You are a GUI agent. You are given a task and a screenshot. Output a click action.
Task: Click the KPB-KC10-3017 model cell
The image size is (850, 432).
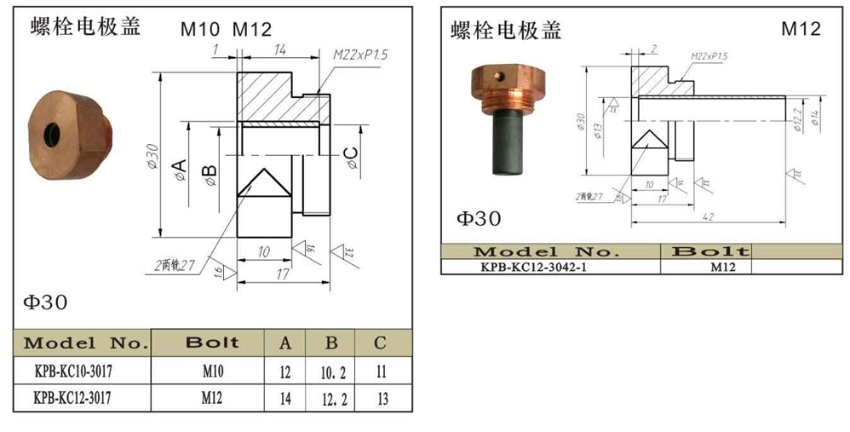82,372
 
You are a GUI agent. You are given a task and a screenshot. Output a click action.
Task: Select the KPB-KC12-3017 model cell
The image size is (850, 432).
82,397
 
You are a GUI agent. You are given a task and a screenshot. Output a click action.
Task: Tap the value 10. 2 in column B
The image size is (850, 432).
332,372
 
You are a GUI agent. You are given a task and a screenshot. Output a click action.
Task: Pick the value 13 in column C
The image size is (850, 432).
380,397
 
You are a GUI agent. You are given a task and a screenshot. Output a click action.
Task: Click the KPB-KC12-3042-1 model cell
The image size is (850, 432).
550,266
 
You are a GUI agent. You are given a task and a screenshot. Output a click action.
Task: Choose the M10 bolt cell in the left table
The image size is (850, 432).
213,372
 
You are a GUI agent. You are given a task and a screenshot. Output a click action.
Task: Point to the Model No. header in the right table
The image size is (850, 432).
550,251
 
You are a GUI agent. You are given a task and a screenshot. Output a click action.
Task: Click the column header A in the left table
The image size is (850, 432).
285,343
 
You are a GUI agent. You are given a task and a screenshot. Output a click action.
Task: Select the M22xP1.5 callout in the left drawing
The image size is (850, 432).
360,55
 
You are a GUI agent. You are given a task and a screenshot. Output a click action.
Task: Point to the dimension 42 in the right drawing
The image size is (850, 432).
707,217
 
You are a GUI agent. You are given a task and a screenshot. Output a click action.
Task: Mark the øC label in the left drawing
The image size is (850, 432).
351,158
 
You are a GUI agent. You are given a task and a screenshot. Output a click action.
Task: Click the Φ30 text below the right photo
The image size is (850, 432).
479,219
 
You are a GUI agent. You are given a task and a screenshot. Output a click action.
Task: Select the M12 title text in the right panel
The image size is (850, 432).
801,30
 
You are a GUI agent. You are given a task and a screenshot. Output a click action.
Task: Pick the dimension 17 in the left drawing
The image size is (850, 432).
281,274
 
